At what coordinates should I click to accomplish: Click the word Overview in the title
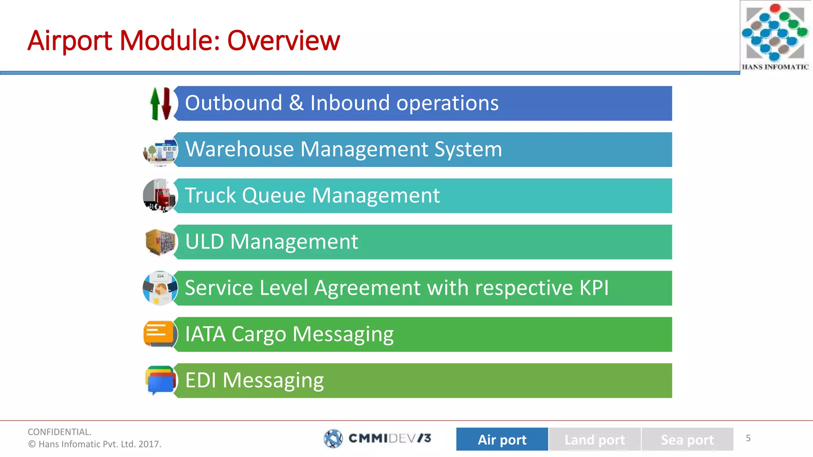(x=283, y=40)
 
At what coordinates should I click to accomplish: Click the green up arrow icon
(x=155, y=104)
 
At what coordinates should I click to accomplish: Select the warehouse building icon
(x=160, y=151)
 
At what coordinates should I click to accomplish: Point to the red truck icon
(x=160, y=196)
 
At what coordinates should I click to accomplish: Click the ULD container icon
(x=160, y=242)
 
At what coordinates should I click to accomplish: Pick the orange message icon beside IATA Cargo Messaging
(x=159, y=333)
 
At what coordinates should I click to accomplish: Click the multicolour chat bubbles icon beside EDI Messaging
(x=160, y=380)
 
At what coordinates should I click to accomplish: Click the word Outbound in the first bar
(x=233, y=103)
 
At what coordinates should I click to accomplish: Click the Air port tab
(x=502, y=439)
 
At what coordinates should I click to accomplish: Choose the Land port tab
(x=594, y=439)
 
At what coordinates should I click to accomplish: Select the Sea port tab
(x=687, y=439)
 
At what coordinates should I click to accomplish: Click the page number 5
(x=748, y=438)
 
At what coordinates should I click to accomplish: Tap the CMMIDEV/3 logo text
(x=389, y=438)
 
